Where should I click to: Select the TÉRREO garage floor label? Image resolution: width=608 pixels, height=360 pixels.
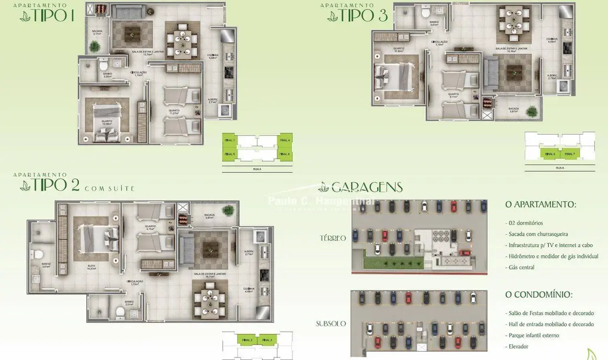[332, 238]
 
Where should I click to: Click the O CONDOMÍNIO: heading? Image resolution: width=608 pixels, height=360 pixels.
[539, 294]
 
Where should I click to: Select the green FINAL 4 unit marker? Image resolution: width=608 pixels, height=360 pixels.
[285, 141]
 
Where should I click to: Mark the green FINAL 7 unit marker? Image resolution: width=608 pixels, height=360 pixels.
[570, 154]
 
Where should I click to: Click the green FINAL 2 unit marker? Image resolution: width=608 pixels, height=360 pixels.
[247, 340]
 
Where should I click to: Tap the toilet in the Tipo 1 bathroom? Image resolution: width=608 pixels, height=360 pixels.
[104, 67]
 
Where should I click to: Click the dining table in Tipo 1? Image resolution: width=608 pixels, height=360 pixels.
[182, 39]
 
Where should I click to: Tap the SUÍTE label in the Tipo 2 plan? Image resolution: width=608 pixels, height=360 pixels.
[91, 266]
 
